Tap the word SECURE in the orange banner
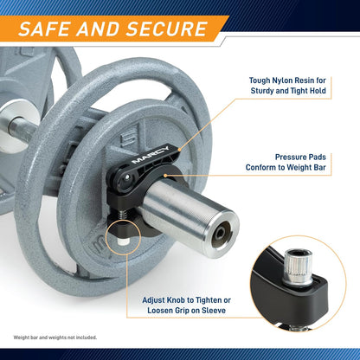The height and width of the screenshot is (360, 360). click(167, 29)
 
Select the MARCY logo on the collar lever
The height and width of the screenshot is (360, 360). click(151, 155)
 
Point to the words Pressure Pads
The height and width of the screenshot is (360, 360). click(300, 157)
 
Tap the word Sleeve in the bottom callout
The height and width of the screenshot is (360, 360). click(214, 311)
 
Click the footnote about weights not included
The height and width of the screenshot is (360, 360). click(55, 337)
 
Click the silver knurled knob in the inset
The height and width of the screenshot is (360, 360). click(299, 265)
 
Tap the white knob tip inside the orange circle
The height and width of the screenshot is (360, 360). click(123, 241)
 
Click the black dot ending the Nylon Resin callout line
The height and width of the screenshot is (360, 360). click(179, 150)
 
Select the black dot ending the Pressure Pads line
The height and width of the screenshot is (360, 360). click(165, 175)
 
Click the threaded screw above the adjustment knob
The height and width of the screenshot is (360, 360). click(122, 215)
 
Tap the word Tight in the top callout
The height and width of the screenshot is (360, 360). click(299, 91)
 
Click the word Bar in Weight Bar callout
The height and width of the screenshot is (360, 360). click(320, 167)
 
